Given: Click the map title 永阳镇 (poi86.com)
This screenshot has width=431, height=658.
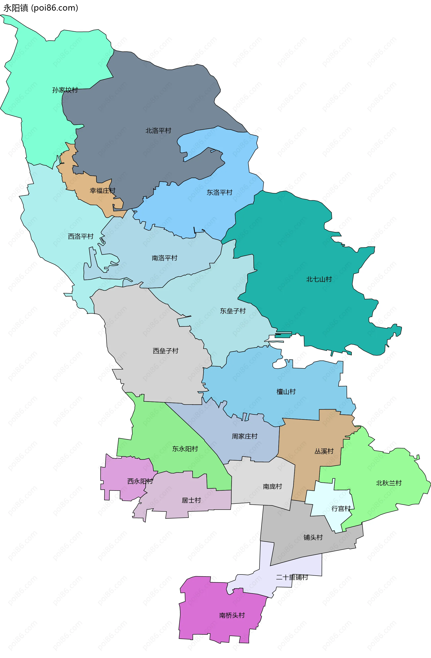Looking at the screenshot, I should click(x=41, y=8).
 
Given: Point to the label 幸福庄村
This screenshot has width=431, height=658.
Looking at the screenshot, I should click(x=102, y=191).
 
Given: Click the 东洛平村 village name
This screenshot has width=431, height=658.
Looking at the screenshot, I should click(x=220, y=192).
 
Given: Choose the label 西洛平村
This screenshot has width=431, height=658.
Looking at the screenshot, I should click(x=81, y=236).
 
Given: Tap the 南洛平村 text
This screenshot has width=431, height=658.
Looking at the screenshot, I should click(x=165, y=258).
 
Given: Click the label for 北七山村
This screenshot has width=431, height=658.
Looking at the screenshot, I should click(x=319, y=279).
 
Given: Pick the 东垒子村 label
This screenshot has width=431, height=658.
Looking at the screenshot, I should click(x=233, y=311).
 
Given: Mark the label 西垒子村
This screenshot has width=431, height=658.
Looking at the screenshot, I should click(x=166, y=351).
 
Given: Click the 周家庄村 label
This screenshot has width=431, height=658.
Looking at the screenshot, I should click(x=244, y=436).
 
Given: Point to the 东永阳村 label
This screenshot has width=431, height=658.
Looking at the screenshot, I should click(x=185, y=449).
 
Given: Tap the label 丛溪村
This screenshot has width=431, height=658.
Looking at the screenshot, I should click(x=324, y=451).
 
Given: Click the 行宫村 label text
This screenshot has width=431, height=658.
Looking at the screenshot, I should click(x=341, y=508).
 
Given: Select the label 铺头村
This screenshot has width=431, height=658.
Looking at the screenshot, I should click(x=313, y=537).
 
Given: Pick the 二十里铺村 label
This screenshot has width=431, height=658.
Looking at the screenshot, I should click(x=292, y=577).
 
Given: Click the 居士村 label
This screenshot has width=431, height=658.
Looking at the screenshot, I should click(x=191, y=500).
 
